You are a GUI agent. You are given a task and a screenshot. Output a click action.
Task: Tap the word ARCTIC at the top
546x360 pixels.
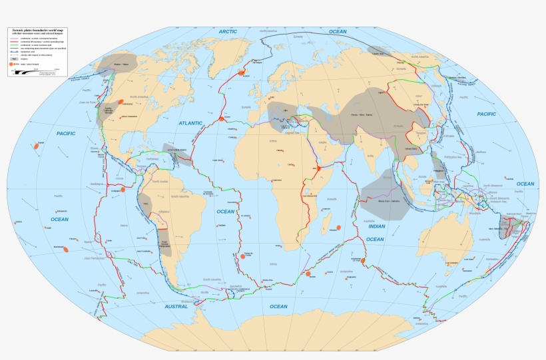(x=228, y=31)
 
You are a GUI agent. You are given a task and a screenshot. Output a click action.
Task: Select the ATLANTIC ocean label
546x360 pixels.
(x=190, y=124)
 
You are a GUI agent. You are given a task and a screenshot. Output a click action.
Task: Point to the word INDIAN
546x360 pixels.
(x=376, y=227)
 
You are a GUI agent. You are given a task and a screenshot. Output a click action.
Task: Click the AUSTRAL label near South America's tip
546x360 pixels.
(x=176, y=307)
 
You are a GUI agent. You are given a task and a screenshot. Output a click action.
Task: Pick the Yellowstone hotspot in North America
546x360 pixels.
(x=121, y=102)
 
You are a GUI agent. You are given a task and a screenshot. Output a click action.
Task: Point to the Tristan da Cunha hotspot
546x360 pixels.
(x=241, y=254)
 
